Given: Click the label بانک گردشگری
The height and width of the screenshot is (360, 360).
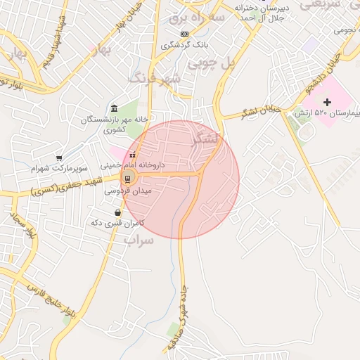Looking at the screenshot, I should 185,45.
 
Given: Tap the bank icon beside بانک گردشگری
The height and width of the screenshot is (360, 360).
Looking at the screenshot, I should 184,34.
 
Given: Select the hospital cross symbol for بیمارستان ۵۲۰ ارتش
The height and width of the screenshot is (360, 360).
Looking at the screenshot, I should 327,103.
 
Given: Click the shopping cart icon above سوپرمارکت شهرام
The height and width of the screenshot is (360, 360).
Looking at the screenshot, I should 59,158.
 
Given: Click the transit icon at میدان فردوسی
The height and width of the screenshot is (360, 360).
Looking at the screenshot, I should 129,176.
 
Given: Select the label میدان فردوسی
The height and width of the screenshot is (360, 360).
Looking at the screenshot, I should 127,191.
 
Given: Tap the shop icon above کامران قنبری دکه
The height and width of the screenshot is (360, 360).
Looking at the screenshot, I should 117,212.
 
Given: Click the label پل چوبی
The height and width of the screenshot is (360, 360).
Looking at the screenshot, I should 236,62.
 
